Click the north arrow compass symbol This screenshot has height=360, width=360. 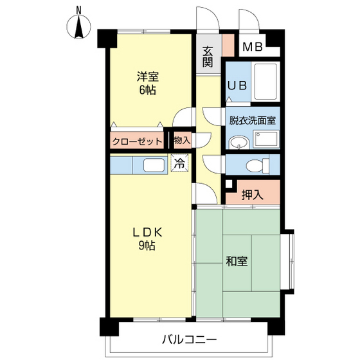[x=78, y=26]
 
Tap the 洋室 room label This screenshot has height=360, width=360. [x=148, y=76]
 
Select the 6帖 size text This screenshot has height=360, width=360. [x=147, y=90]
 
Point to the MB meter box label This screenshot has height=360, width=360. [x=253, y=47]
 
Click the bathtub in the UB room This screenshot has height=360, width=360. [x=265, y=81]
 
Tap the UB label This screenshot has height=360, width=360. [x=237, y=85]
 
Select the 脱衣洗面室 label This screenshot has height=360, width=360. [x=252, y=120]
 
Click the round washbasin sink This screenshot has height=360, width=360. [x=239, y=142]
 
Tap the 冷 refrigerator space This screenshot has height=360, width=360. [x=179, y=163]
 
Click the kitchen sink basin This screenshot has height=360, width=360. [x=154, y=165]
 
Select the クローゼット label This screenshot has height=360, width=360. [x=137, y=141]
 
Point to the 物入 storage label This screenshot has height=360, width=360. [x=183, y=140]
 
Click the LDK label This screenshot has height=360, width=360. [x=148, y=232]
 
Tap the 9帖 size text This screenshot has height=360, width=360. [x=147, y=246]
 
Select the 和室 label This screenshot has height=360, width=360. [x=237, y=261]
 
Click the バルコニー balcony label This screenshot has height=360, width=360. [x=190, y=339]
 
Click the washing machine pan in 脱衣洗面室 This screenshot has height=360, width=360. [x=266, y=139]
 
